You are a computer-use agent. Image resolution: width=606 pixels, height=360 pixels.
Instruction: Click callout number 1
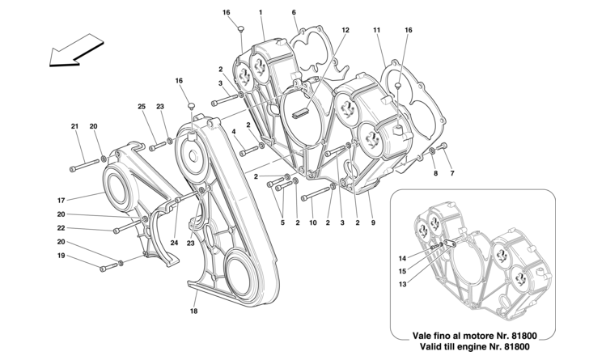point(261,13)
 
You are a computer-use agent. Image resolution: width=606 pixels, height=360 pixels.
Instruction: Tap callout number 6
point(294,13)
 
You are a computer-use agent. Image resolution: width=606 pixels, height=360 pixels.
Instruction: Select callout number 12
point(345,30)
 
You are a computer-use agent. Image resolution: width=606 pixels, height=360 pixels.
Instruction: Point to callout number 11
point(377,30)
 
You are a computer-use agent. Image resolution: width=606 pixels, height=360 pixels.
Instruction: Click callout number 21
point(74,126)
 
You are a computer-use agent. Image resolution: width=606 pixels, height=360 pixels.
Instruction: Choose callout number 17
point(84,198)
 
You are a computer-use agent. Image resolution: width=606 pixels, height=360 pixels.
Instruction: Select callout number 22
point(83,229)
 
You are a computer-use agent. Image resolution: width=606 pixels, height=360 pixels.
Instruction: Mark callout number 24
point(175,239)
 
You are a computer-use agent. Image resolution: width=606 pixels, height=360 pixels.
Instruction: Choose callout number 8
point(434,173)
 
